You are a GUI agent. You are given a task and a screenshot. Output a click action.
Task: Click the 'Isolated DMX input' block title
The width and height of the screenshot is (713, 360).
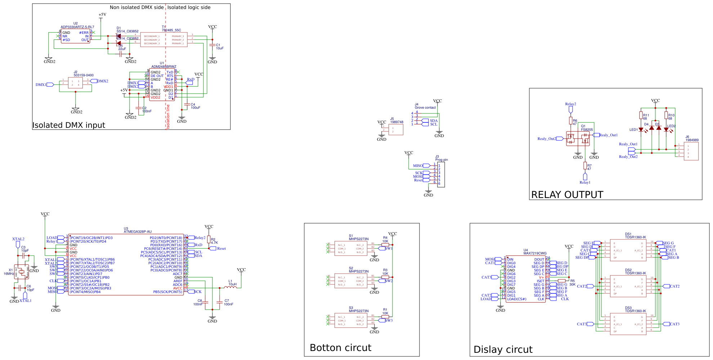pos(68,125)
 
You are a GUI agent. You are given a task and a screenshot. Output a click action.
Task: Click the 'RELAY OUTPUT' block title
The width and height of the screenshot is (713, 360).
pos(567,195)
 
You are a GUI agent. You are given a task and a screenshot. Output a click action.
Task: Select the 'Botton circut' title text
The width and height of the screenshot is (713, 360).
pos(340,347)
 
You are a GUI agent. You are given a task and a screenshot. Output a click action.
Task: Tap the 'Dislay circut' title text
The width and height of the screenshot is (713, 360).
pos(503,349)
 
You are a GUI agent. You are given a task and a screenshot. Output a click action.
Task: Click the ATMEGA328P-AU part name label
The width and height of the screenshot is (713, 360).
pos(138,231)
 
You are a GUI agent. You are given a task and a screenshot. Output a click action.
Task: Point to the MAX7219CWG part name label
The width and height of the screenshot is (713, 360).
pos(535,253)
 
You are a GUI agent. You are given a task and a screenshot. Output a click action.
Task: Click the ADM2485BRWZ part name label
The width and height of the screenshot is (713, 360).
pos(163,67)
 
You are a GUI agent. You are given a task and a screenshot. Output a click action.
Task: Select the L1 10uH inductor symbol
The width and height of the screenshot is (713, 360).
pos(230,287)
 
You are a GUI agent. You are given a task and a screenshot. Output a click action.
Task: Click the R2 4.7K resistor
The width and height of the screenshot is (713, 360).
pos(208,239)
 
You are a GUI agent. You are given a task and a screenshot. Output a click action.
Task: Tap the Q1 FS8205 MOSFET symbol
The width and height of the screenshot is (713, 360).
pos(578,138)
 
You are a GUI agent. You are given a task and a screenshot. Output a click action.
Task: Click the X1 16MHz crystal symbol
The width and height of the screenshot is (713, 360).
pos(22,272)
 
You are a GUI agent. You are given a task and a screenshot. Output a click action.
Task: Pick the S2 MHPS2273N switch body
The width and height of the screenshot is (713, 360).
pos(351,281)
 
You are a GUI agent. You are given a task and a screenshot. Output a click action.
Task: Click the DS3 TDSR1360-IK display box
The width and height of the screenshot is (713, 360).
pos(628,324)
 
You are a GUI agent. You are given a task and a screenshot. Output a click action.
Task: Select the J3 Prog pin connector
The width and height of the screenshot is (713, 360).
pos(441,175)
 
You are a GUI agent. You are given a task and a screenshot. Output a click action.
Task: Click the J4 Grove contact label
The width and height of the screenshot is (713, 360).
pos(425,107)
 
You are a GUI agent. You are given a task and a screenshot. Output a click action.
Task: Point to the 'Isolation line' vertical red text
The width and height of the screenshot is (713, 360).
pos(168,117)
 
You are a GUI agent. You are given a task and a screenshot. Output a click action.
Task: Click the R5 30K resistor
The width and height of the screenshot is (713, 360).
pos(561,280)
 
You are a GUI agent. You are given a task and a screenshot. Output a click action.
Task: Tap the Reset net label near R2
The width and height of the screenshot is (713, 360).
pos(221,248)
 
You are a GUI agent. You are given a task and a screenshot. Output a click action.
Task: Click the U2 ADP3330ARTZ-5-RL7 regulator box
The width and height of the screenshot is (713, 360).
pos(75,36)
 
